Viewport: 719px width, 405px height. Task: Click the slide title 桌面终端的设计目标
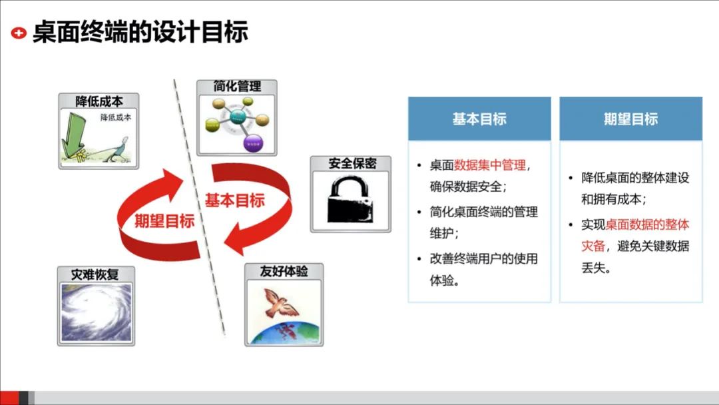pos(140,32)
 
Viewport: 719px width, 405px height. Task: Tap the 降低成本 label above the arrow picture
pos(99,101)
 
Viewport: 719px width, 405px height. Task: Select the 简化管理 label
pos(236,87)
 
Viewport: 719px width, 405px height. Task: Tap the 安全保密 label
pos(351,164)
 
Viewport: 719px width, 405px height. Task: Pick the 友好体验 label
pos(284,272)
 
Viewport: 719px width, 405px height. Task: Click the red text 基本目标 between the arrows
pos(234,200)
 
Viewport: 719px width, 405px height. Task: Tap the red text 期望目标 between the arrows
pos(164,220)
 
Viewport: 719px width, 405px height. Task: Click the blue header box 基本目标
pos(479,119)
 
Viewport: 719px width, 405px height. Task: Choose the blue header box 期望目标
pos(630,119)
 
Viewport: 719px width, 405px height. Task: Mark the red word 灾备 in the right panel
pos(593,246)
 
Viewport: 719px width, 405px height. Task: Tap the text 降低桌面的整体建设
pos(635,178)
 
